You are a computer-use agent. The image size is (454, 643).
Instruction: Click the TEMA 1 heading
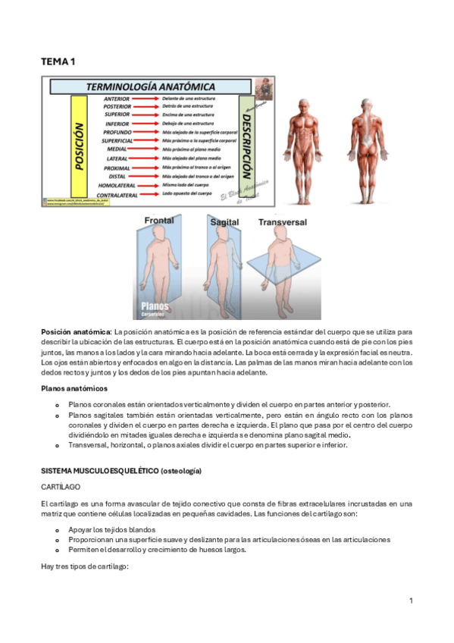tap(58, 61)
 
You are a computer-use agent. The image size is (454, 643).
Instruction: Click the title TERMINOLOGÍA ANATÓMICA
tap(152, 86)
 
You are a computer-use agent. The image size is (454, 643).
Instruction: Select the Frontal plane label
tap(158, 221)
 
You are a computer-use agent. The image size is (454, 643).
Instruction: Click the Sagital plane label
tap(225, 222)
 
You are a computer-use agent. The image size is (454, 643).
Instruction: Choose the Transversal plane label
tap(283, 223)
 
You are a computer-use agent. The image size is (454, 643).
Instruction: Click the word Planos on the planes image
tap(155, 307)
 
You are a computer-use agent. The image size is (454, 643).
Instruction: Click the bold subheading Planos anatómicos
tap(74, 388)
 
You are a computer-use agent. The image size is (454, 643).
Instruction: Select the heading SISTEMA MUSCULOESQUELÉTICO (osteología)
tap(121, 472)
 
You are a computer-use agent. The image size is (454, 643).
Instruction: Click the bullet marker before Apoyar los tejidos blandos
tap(58, 529)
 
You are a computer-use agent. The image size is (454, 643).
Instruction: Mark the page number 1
tap(410, 601)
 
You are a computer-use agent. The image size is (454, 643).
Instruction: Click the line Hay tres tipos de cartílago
tap(87, 566)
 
